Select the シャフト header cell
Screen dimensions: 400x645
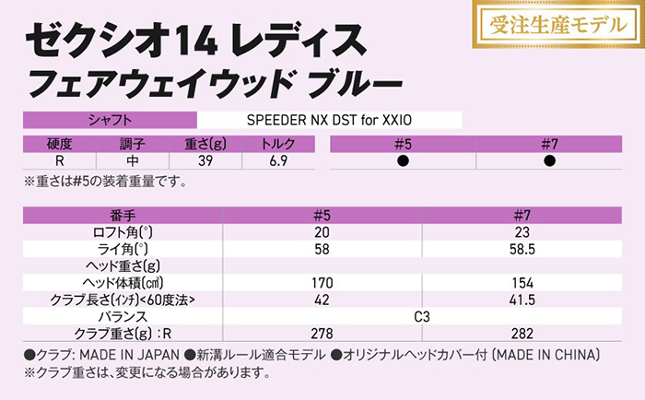point(110,120)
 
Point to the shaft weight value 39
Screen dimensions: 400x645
point(205,160)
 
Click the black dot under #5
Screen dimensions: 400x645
point(403,160)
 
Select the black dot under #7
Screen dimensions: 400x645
point(550,160)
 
